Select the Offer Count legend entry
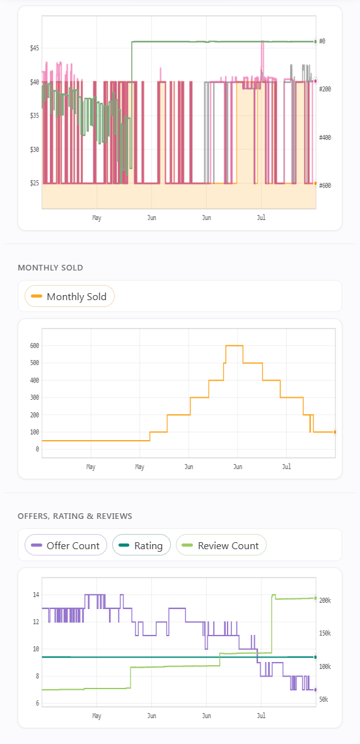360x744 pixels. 66,545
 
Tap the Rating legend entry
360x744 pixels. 141,545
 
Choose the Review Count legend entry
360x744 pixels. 221,545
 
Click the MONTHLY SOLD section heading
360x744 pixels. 50,268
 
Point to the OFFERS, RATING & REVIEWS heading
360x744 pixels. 75,516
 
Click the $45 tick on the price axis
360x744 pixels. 33,49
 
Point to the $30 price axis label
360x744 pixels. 33,149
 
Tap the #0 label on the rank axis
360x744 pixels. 322,42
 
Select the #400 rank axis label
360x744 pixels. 325,137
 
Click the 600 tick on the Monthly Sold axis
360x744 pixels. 33,346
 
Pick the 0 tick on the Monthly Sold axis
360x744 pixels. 37,450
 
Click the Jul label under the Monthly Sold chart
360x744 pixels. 286,467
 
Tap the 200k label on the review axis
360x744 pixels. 325,601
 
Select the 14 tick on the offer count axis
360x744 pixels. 36,595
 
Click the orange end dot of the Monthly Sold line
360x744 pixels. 335,433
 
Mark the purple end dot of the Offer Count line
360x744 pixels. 315,690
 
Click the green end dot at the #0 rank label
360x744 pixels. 315,42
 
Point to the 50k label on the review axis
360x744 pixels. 324,700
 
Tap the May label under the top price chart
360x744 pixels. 96,218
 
